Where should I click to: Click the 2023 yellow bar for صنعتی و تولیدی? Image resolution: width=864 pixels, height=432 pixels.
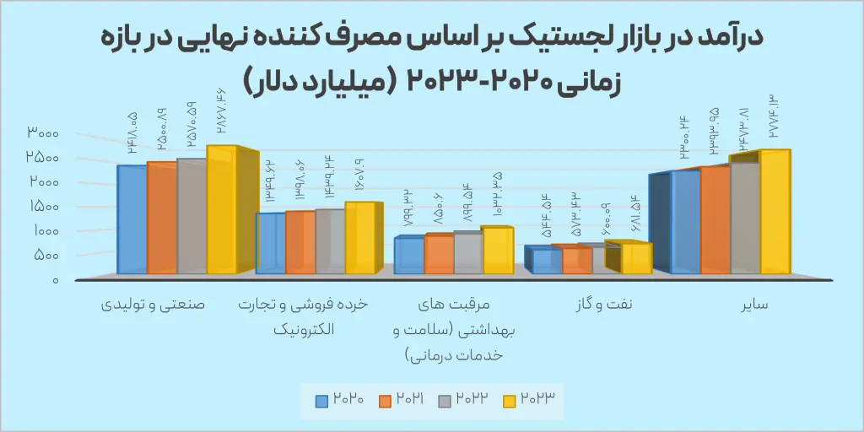click(x=222, y=209)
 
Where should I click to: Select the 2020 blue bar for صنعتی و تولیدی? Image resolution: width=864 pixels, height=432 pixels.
click(x=132, y=219)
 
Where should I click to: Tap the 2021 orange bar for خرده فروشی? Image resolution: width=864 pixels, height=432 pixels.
click(x=300, y=242)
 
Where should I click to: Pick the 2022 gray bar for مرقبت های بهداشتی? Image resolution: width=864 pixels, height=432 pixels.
click(x=468, y=253)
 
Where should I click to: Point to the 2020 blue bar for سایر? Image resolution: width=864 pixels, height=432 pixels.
click(x=685, y=222)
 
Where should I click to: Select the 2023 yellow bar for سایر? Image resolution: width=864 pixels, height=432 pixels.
click(x=775, y=212)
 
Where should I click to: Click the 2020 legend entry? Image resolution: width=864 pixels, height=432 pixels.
click(x=339, y=400)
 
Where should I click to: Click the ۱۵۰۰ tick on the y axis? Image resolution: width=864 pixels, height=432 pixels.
click(x=44, y=207)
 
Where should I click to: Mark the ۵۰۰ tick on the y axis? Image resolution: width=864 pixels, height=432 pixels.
click(x=48, y=255)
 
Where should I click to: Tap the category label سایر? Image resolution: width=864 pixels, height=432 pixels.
click(x=754, y=305)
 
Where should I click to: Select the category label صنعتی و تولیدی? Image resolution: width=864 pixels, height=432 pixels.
click(x=154, y=305)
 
